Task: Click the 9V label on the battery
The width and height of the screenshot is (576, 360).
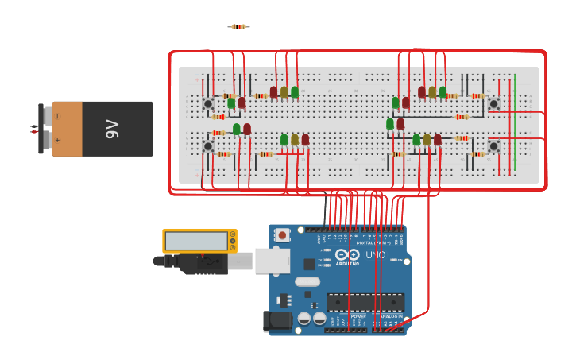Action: click(112, 129)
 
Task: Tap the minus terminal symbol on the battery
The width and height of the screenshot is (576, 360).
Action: click(57, 116)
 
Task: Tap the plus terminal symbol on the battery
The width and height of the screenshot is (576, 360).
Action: click(57, 141)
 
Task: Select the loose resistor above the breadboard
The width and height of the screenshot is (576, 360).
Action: click(238, 27)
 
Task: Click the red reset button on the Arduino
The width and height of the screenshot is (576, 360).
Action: click(282, 235)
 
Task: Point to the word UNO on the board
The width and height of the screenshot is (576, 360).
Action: click(375, 255)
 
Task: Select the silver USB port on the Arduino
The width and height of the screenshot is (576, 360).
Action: click(272, 261)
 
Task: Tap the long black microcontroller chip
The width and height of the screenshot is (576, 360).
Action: click(365, 303)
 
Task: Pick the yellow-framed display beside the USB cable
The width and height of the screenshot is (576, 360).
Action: click(199, 241)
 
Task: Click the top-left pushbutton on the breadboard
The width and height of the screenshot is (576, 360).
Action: click(208, 104)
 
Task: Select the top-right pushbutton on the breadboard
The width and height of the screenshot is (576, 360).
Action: click(493, 104)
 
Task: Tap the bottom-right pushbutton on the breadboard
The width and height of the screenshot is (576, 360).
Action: click(493, 146)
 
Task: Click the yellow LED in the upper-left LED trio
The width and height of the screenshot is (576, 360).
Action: click(284, 92)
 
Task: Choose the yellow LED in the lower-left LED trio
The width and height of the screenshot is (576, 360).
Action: click(295, 140)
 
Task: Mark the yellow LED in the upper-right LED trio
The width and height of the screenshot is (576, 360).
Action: click(432, 92)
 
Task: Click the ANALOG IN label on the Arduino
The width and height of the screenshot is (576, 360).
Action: click(389, 316)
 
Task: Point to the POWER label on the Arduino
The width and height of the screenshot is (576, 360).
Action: click(358, 316)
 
